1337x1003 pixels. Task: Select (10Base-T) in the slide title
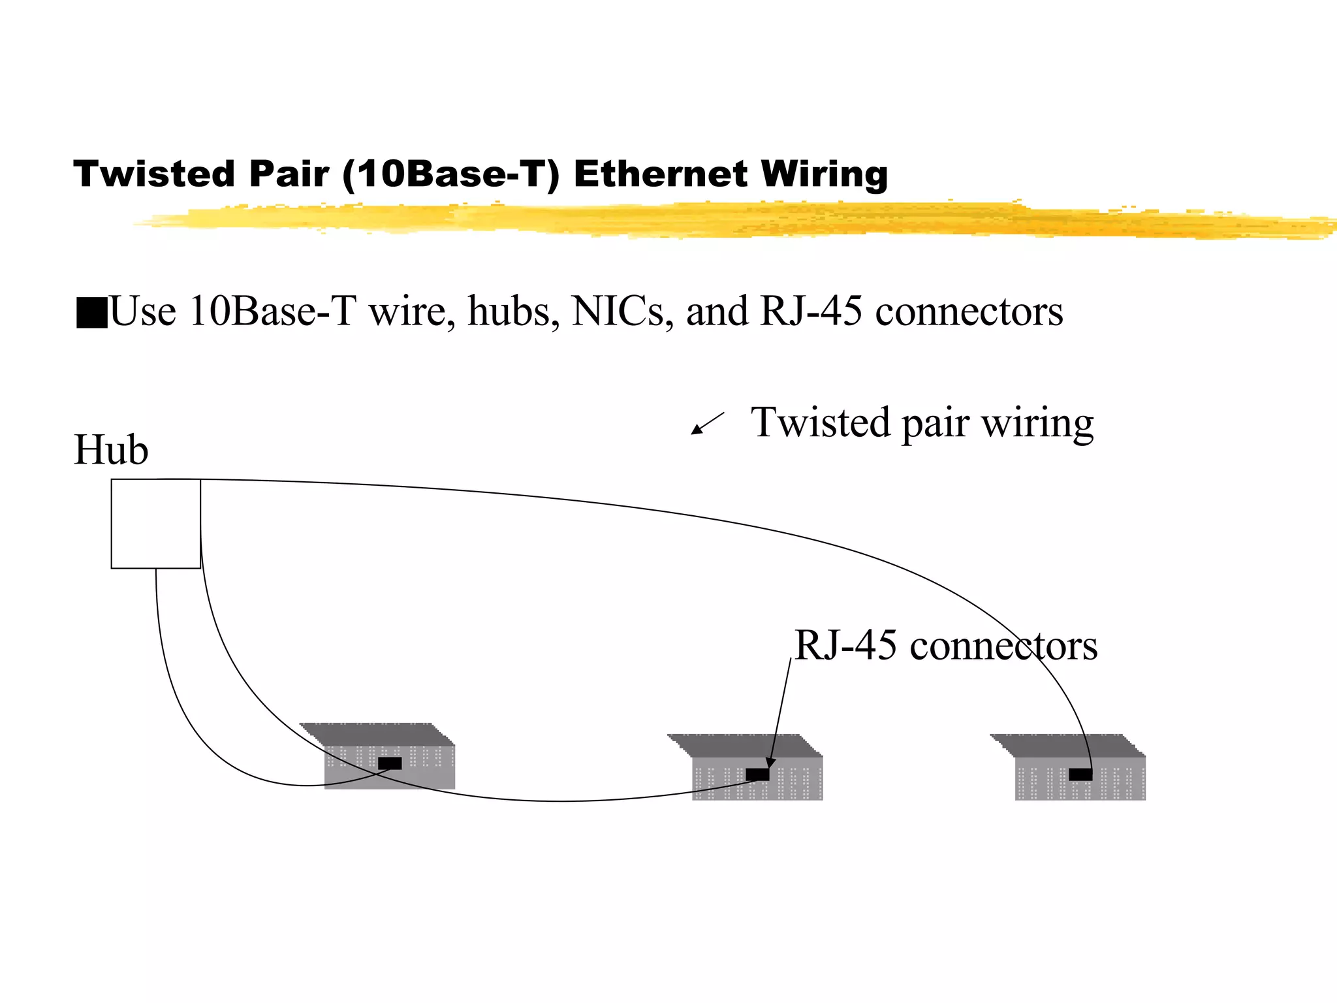(x=450, y=174)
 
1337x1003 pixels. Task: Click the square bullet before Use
(x=91, y=312)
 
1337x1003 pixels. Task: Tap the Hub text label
(x=111, y=450)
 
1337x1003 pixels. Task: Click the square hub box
(x=155, y=524)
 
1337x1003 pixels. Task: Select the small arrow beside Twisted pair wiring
(x=707, y=423)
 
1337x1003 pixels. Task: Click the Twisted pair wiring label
(x=922, y=423)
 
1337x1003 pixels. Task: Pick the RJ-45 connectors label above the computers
(x=946, y=646)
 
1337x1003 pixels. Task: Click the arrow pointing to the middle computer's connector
(x=780, y=712)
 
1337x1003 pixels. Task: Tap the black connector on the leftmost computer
(x=390, y=763)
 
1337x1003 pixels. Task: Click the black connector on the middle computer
(x=757, y=774)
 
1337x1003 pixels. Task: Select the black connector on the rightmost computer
(x=1080, y=774)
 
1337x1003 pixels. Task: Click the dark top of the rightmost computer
(x=1067, y=745)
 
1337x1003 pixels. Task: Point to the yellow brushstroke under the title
(x=718, y=219)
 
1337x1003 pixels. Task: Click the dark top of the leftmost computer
(x=377, y=734)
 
